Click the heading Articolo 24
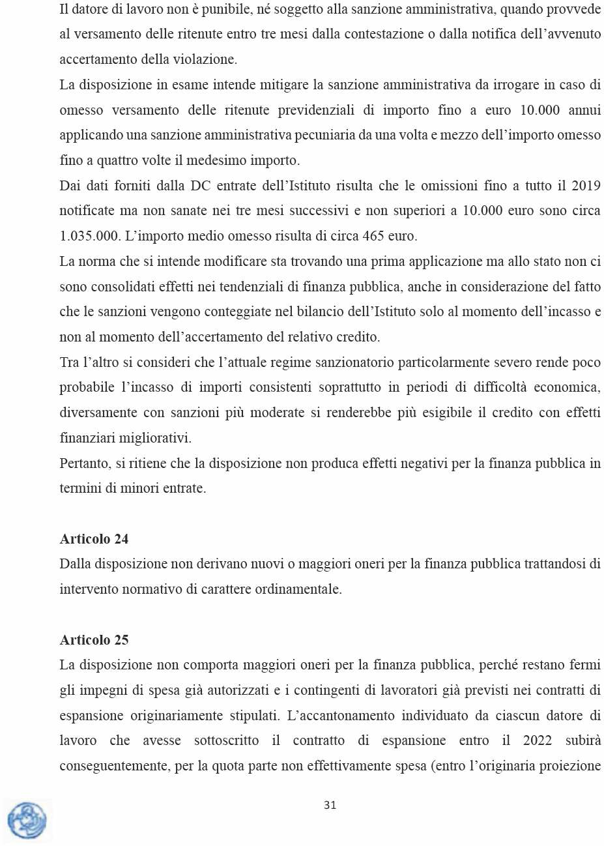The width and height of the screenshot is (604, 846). coord(94,539)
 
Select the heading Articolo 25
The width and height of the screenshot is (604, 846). coord(94,640)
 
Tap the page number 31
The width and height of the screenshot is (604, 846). coord(330,806)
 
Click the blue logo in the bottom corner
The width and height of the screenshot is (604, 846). coord(27,820)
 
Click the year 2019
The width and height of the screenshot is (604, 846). coord(586,186)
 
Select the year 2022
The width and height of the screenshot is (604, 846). coord(538,741)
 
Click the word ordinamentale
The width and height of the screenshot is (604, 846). coord(298,589)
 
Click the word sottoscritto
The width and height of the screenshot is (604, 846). coord(227,741)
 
